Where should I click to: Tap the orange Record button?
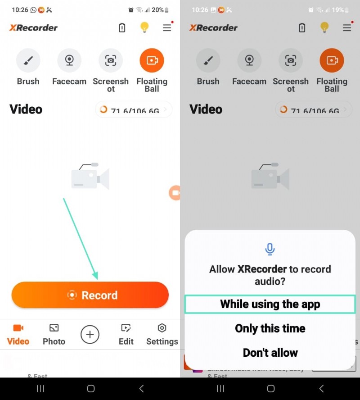[x=90, y=295]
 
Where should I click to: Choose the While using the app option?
[x=270, y=304]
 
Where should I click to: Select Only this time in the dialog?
[x=270, y=328]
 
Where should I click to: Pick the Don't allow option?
[x=270, y=352]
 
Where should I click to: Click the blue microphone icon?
[x=270, y=249]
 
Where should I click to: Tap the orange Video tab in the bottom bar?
[x=18, y=334]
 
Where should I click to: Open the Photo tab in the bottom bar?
[x=54, y=334]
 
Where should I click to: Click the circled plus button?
[x=90, y=334]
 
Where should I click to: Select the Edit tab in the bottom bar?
[x=126, y=334]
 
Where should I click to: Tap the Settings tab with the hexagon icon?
[x=162, y=334]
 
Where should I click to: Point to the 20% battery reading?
[x=157, y=9]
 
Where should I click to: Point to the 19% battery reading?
[x=337, y=9]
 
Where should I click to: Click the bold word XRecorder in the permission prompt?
[x=262, y=269]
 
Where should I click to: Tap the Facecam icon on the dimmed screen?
[x=249, y=60]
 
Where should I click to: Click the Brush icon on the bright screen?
[x=28, y=60]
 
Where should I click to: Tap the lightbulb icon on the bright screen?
[x=144, y=27]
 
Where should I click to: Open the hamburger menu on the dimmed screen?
[x=347, y=27]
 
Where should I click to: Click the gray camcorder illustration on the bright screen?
[x=90, y=176]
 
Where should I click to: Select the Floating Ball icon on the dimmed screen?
[x=332, y=60]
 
